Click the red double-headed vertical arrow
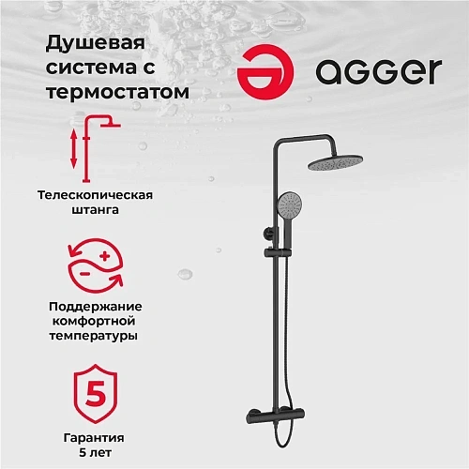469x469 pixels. (73, 150)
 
